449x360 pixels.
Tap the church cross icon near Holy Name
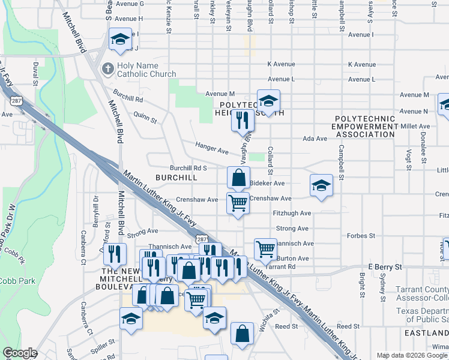(108, 69)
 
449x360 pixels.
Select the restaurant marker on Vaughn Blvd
(243, 120)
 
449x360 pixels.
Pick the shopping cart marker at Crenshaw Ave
(238, 203)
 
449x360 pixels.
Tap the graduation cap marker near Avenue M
(268, 100)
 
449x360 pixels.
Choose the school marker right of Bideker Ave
(321, 185)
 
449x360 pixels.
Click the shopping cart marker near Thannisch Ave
(265, 248)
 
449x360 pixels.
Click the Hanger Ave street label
(212, 148)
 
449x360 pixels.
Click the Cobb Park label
(17, 281)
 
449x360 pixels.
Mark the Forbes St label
(361, 236)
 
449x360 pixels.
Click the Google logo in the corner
(20, 353)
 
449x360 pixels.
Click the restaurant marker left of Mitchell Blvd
(113, 254)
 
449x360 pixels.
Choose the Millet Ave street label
(417, 127)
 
